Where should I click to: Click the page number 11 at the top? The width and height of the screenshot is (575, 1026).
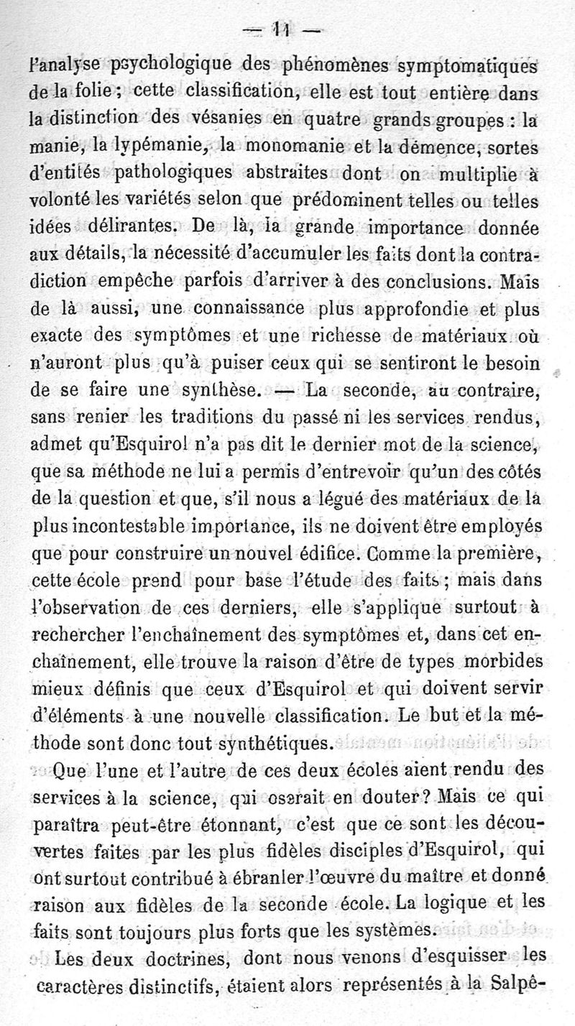(287, 32)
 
